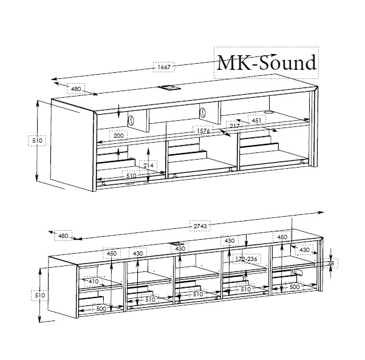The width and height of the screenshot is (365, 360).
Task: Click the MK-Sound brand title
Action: tap(267, 63)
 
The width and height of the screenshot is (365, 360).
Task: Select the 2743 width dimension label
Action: tap(200, 226)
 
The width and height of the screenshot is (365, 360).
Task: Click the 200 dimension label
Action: tap(118, 135)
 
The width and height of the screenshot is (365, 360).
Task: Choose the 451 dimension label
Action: tap(257, 120)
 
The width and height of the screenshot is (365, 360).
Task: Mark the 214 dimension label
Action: tap(148, 165)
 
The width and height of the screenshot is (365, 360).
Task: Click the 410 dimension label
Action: tap(93, 281)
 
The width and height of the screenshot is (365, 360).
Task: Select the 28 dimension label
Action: tap(331, 263)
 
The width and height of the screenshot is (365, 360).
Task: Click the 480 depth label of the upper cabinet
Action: tap(76, 89)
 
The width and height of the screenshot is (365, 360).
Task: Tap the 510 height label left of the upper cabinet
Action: tap(37, 141)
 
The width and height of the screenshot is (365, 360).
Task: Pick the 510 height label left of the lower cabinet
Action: tap(38, 295)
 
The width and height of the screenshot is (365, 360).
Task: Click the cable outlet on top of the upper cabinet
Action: tap(167, 87)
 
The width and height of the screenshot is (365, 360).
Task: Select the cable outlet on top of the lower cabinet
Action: tap(181, 244)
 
